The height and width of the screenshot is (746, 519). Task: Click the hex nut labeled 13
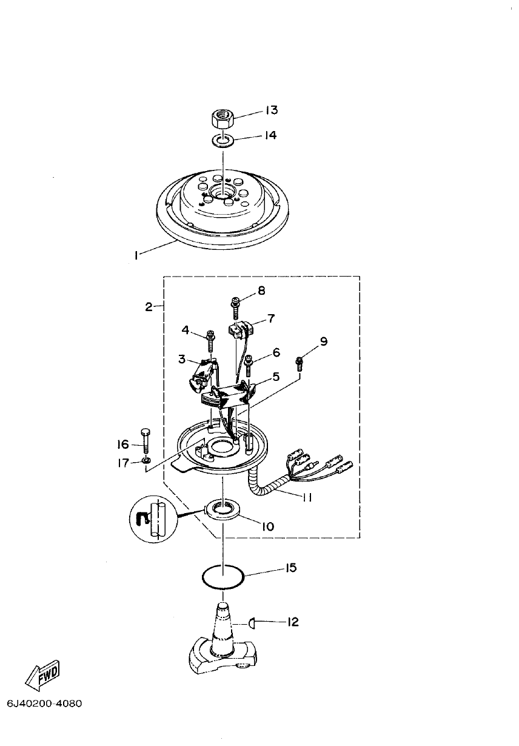[223, 116]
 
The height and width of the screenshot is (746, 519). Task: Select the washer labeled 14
[224, 141]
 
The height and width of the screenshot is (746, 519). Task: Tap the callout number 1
[136, 257]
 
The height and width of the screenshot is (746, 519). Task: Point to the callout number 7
[271, 318]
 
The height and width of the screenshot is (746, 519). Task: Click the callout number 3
[181, 359]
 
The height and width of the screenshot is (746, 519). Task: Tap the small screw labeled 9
[298, 363]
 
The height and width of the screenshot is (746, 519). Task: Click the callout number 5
[276, 377]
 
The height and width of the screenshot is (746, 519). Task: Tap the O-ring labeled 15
[223, 576]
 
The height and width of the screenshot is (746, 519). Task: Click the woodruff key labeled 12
[252, 622]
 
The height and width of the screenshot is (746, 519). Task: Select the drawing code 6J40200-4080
[44, 704]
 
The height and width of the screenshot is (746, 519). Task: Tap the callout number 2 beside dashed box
[149, 307]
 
